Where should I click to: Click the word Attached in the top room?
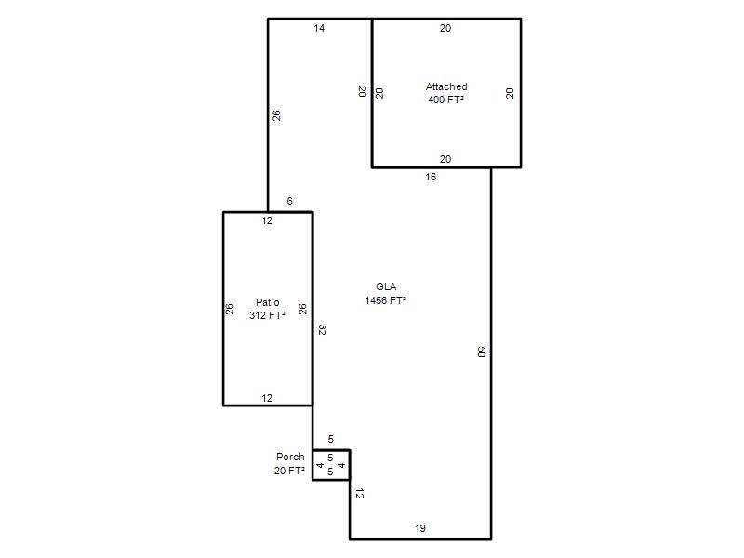(446, 86)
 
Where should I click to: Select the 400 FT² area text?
(445, 100)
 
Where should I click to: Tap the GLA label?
(386, 286)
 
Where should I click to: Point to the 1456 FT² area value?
(385, 300)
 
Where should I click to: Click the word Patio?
(267, 302)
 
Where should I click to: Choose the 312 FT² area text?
(267, 315)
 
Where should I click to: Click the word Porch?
(290, 457)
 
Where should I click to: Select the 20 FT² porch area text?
(289, 471)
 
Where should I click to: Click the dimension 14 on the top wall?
(319, 29)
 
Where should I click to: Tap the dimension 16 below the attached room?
(431, 177)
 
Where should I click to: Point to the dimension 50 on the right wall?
(481, 352)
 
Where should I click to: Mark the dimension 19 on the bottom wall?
(420, 528)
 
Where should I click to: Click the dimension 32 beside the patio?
(322, 330)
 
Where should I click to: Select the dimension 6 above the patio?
(289, 201)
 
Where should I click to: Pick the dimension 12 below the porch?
(359, 494)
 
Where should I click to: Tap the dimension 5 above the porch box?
(331, 439)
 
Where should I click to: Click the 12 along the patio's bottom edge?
(267, 399)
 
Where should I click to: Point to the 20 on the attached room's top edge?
(445, 29)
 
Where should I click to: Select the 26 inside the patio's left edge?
(230, 309)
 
